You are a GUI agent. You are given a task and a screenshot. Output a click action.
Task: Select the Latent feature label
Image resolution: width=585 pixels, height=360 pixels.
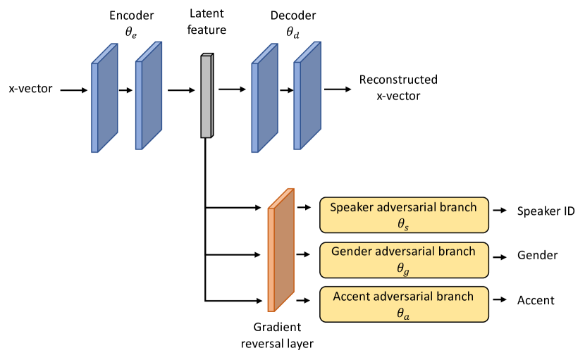point(207,21)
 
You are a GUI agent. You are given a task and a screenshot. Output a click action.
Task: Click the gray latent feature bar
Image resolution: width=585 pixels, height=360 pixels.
point(207,96)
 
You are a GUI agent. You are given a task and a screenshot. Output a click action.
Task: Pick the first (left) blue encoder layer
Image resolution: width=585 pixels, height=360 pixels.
point(104,98)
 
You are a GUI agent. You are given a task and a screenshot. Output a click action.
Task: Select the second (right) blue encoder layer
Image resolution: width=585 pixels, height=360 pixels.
point(148,96)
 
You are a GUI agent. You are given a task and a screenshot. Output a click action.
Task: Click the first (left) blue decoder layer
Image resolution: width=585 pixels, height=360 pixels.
point(264,98)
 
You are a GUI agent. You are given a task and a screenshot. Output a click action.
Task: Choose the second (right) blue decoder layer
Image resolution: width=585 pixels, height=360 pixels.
point(307,96)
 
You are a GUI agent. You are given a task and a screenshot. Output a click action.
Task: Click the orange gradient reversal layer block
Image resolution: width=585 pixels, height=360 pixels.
point(281,250)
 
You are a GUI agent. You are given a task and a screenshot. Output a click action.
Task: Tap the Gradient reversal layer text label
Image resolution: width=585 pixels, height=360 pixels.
point(277,335)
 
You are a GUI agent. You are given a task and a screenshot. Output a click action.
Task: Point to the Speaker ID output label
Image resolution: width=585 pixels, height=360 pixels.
point(546,211)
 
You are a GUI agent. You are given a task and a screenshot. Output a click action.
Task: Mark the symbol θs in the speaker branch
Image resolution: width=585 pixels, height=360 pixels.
point(402,224)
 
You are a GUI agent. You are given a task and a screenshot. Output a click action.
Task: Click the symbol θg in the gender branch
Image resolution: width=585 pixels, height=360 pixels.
point(402,268)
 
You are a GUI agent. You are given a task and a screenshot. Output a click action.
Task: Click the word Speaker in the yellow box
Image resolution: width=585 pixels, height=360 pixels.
point(352,207)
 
